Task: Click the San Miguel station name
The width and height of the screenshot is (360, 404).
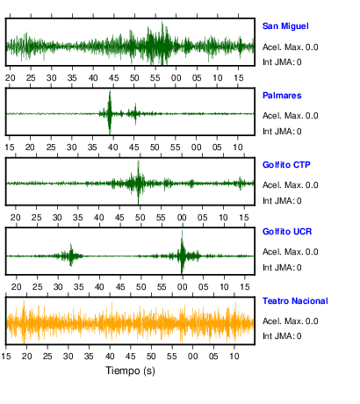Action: click(x=285, y=26)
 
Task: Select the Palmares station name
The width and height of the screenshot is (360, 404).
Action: click(x=282, y=96)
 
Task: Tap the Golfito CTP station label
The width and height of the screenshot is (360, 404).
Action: click(x=286, y=165)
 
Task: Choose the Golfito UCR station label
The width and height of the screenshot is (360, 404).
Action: click(x=287, y=232)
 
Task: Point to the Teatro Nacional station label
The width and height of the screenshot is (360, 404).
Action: click(x=295, y=301)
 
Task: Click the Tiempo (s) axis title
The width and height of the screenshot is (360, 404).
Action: click(x=130, y=371)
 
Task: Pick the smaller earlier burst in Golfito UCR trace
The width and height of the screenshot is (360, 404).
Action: click(x=71, y=255)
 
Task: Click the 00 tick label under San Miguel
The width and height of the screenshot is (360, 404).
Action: click(x=176, y=78)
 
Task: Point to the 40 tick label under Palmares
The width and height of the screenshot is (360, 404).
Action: click(x=112, y=148)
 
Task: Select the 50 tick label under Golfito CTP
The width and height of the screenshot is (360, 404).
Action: click(x=140, y=218)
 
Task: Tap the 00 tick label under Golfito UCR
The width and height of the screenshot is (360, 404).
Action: click(x=182, y=287)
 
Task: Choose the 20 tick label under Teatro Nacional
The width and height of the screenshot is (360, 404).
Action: click(x=26, y=357)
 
